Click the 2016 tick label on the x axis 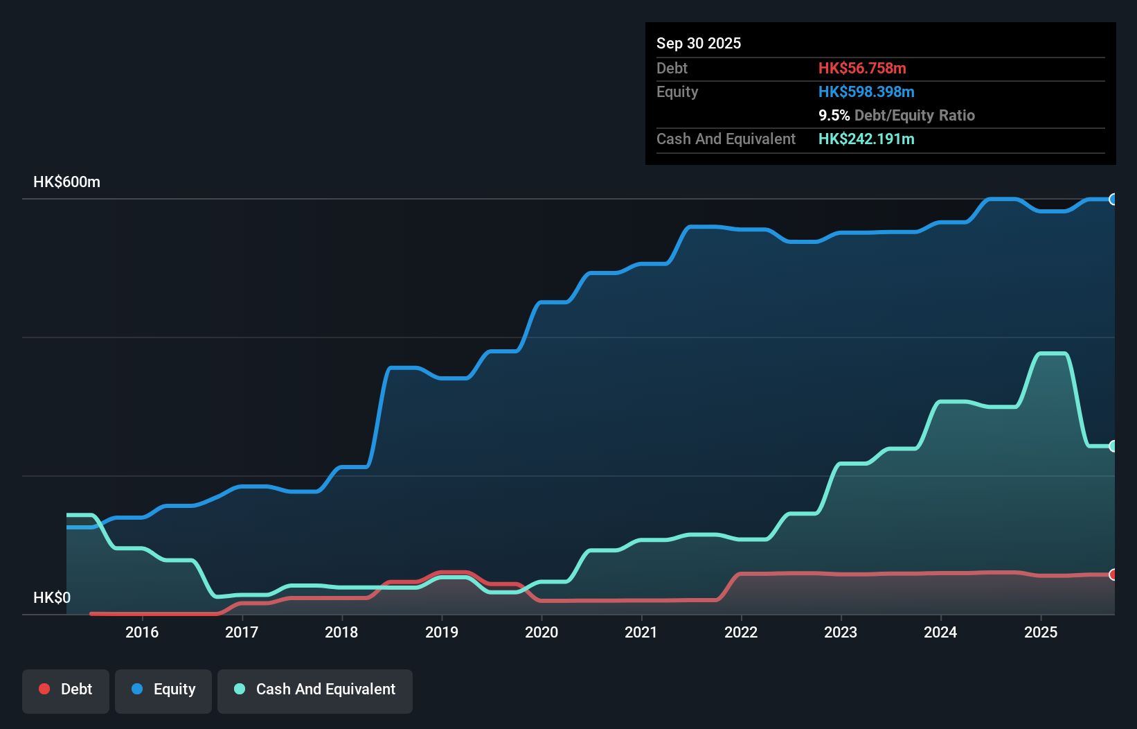tap(142, 632)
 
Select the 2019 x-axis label tap(442, 632)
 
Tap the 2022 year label tap(741, 632)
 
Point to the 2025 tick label tap(1041, 632)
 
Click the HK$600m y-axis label tap(66, 182)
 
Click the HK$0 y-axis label tap(52, 597)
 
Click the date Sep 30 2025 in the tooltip tap(699, 43)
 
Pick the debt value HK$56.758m tap(862, 68)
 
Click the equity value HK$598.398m tap(866, 91)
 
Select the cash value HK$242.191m tap(866, 139)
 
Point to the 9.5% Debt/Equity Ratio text tap(897, 115)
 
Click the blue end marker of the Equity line tap(1113, 200)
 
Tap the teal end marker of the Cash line tap(1113, 446)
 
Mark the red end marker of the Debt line tap(1113, 574)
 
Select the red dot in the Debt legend tap(44, 689)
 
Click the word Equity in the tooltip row tap(677, 91)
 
